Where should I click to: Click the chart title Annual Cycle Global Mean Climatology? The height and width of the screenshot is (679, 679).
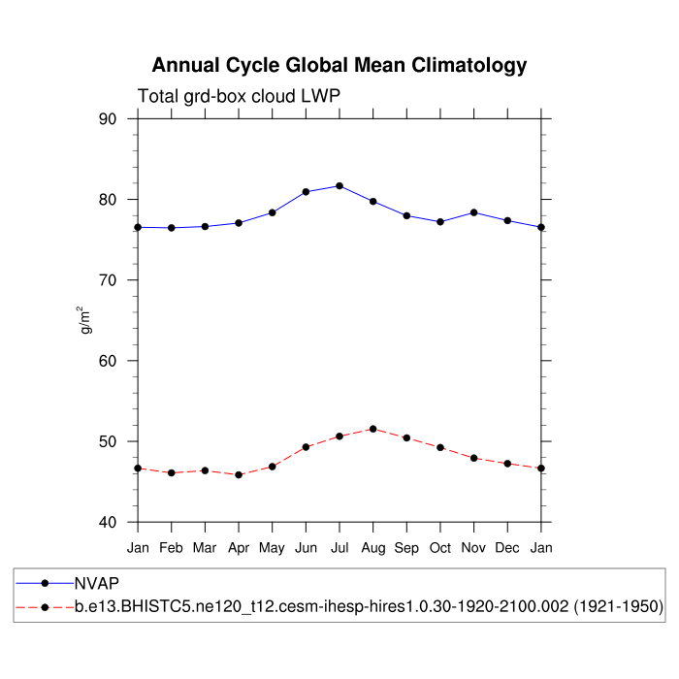[339, 66]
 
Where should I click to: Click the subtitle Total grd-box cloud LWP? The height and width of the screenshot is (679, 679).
[239, 96]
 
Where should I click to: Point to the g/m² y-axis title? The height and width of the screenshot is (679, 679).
[86, 320]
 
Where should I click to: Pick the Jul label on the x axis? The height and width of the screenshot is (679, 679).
[339, 548]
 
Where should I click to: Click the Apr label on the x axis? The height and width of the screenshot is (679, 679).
[239, 548]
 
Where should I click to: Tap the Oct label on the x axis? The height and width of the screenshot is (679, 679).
[440, 548]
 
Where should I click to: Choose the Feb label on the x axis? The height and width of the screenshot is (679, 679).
[172, 548]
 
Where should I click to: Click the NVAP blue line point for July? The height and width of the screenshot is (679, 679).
[339, 185]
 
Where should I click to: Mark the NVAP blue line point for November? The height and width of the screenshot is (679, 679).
[473, 211]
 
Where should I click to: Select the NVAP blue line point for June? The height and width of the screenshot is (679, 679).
[306, 191]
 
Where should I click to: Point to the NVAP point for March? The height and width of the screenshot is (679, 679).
[205, 226]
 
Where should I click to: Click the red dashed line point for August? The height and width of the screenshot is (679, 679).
[372, 429]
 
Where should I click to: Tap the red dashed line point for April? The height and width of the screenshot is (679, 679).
[239, 474]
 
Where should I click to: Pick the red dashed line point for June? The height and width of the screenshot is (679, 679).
[306, 447]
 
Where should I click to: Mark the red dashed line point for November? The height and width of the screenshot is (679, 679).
[473, 458]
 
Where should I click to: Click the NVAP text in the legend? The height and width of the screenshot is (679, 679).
[95, 584]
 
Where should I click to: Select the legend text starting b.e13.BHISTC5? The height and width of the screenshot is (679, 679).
[368, 607]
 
